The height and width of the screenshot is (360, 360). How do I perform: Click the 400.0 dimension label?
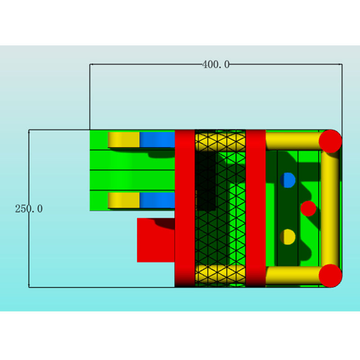216,65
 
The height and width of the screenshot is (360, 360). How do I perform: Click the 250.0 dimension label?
29,209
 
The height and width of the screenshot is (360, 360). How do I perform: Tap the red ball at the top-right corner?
330,141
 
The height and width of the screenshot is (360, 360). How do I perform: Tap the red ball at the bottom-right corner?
330,275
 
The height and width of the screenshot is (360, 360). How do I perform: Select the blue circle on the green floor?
288,180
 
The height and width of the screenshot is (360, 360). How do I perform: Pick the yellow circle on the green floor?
288,237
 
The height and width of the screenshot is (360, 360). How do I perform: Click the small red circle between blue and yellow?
308,208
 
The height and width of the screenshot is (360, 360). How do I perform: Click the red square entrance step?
155,240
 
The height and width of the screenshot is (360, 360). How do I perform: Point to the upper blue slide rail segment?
157,139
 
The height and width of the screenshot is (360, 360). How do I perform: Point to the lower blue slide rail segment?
157,200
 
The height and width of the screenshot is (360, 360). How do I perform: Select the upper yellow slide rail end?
124,139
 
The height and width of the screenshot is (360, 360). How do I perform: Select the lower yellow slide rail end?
124,200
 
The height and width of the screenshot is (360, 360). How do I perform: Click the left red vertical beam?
184,208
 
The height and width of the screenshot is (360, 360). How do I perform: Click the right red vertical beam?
256,208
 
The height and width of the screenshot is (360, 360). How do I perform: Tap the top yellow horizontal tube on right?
292,140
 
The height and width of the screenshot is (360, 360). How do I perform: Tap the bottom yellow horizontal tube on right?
292,275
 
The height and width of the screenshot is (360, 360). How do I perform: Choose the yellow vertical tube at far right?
331,208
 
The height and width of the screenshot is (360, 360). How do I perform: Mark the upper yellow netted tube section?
220,141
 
